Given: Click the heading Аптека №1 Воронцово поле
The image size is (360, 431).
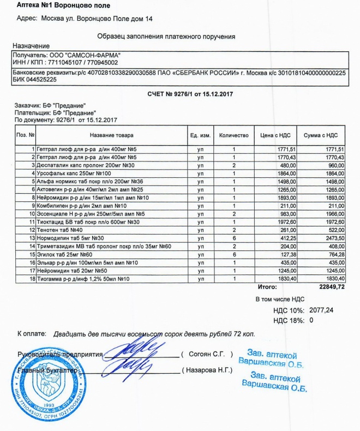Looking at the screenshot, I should (x=63, y=5).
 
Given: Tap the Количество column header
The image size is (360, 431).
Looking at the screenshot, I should (x=233, y=135).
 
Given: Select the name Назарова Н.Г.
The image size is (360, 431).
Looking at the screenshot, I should (x=209, y=370).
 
